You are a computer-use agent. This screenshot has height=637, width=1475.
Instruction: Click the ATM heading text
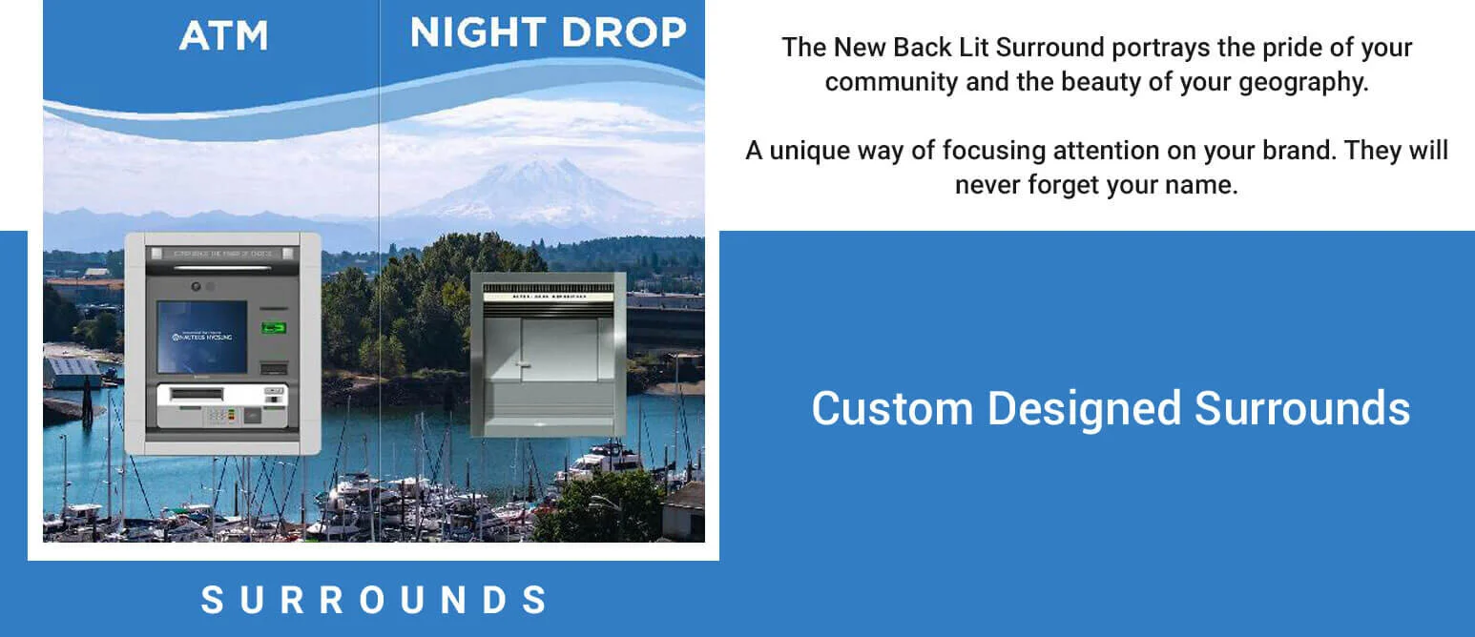tap(223, 35)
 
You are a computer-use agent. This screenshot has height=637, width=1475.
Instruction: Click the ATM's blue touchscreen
tap(200, 337)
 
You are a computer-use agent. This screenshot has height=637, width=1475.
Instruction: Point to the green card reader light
tap(275, 328)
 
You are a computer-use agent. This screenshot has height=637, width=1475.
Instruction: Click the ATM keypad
tap(218, 415)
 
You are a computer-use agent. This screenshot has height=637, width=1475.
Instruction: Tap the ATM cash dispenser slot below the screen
tap(196, 393)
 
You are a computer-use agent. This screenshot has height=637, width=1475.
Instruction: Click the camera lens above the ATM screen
tap(197, 286)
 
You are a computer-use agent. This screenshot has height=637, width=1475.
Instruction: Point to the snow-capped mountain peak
tap(544, 172)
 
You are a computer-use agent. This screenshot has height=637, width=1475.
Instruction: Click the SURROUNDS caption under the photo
tap(373, 600)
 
